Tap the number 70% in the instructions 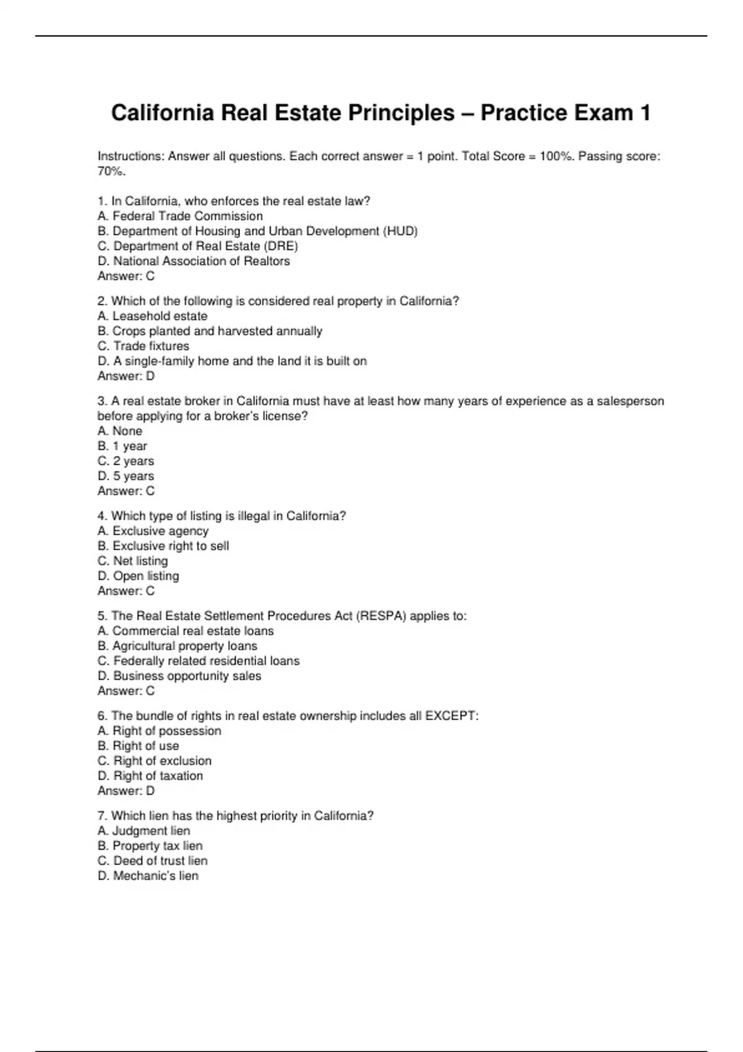tap(111, 171)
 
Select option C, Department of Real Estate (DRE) tap(198, 246)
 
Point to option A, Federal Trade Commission tap(180, 216)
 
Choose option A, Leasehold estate tap(152, 316)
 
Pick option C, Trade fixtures tap(143, 346)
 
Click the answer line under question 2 tap(126, 376)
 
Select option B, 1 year tap(123, 446)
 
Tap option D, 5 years tap(126, 476)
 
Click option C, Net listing tap(133, 561)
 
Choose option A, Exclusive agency tap(153, 531)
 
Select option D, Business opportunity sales tap(180, 676)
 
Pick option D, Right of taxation tap(150, 776)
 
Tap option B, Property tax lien tap(150, 846)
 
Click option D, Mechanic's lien tap(148, 876)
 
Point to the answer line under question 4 tap(126, 591)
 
